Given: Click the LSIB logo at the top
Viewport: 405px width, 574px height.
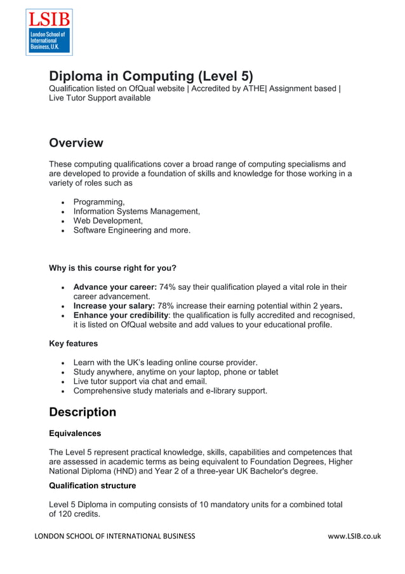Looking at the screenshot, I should [x=48, y=32].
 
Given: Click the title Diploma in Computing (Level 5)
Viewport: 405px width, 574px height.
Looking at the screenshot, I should [x=151, y=76].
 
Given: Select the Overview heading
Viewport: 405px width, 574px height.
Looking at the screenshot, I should [x=76, y=143].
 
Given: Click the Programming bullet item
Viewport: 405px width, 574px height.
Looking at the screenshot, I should [x=98, y=202].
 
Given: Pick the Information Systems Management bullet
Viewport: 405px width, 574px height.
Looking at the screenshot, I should [x=136, y=212].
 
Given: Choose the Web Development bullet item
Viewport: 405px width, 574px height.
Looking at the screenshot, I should [x=108, y=221].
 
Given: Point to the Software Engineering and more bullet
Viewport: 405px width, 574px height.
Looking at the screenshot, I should [x=131, y=231].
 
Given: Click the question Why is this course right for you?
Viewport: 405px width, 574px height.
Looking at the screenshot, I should [x=112, y=268].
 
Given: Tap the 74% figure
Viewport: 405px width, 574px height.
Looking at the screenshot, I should [x=168, y=287].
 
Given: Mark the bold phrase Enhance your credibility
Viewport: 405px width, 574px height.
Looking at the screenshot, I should [x=121, y=316].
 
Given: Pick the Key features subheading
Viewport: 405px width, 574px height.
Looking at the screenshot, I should [x=73, y=344].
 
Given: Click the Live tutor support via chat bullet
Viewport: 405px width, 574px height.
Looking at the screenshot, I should [x=147, y=381].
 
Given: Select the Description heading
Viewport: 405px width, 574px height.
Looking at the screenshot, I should [x=83, y=412].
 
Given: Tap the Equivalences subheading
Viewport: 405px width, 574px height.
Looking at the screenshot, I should [x=75, y=434].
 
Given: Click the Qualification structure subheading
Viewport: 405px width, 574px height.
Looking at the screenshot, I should [x=92, y=486].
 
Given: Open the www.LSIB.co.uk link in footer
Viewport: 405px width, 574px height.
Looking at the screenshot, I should [x=354, y=536].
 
